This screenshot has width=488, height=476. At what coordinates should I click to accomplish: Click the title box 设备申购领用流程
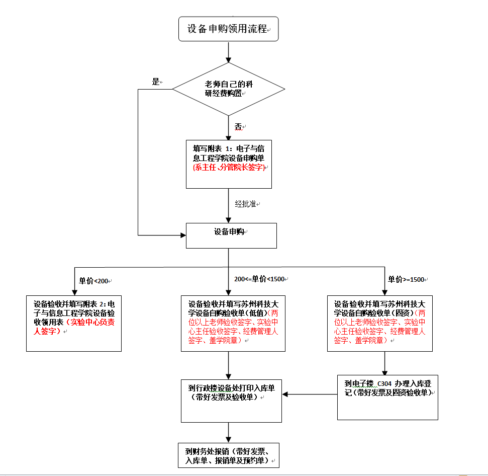pos(228,29)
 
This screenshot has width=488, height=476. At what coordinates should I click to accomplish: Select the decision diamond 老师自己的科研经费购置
pos(228,89)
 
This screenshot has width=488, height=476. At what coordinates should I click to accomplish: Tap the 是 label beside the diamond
pos(156,82)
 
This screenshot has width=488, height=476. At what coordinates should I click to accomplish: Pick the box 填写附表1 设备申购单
pos(229,164)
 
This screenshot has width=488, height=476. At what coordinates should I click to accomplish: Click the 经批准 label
pos(246,204)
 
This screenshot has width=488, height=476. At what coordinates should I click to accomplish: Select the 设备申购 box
pos(231,235)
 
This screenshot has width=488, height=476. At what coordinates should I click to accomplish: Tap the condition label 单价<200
pos(94,281)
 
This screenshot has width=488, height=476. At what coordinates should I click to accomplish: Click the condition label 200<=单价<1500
pos(259,279)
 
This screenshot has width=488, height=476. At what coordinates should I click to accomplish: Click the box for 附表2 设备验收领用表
pos(74,323)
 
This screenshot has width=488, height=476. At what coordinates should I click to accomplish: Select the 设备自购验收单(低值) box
pos(233,323)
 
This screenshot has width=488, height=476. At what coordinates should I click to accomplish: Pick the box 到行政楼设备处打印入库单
pos(231,401)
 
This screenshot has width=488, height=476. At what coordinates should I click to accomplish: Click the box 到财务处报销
pos(228,455)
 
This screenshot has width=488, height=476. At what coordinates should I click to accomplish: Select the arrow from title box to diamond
pos(229,52)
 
